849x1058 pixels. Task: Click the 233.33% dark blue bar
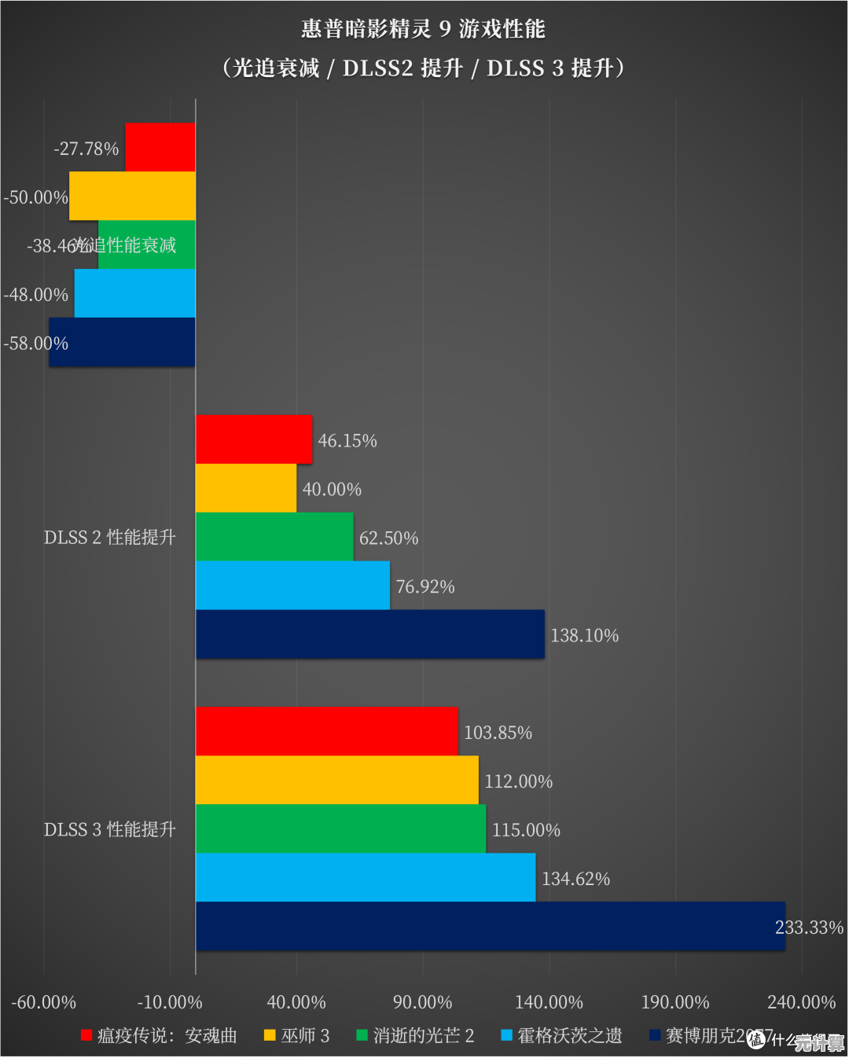click(x=490, y=926)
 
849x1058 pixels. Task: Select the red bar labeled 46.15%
click(x=254, y=439)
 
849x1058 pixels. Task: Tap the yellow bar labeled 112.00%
click(x=336, y=780)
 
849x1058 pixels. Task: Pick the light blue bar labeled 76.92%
click(x=292, y=585)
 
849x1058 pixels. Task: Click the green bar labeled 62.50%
click(x=274, y=536)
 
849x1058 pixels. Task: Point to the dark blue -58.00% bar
click(x=122, y=342)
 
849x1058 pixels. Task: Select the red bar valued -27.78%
click(x=160, y=147)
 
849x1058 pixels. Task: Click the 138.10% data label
click(x=584, y=635)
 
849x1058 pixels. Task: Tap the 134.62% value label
click(x=575, y=879)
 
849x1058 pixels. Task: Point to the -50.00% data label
click(x=35, y=197)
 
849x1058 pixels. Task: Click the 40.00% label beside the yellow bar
click(x=332, y=489)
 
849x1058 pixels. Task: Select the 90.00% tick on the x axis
click(x=422, y=1002)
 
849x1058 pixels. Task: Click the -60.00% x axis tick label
click(x=43, y=1002)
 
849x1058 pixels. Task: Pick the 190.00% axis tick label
click(x=674, y=1002)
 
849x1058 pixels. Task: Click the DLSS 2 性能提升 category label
click(x=109, y=537)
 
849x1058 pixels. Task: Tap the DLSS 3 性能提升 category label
click(x=109, y=829)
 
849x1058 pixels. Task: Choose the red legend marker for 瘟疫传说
click(x=86, y=1035)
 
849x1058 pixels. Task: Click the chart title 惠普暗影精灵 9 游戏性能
click(x=423, y=29)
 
